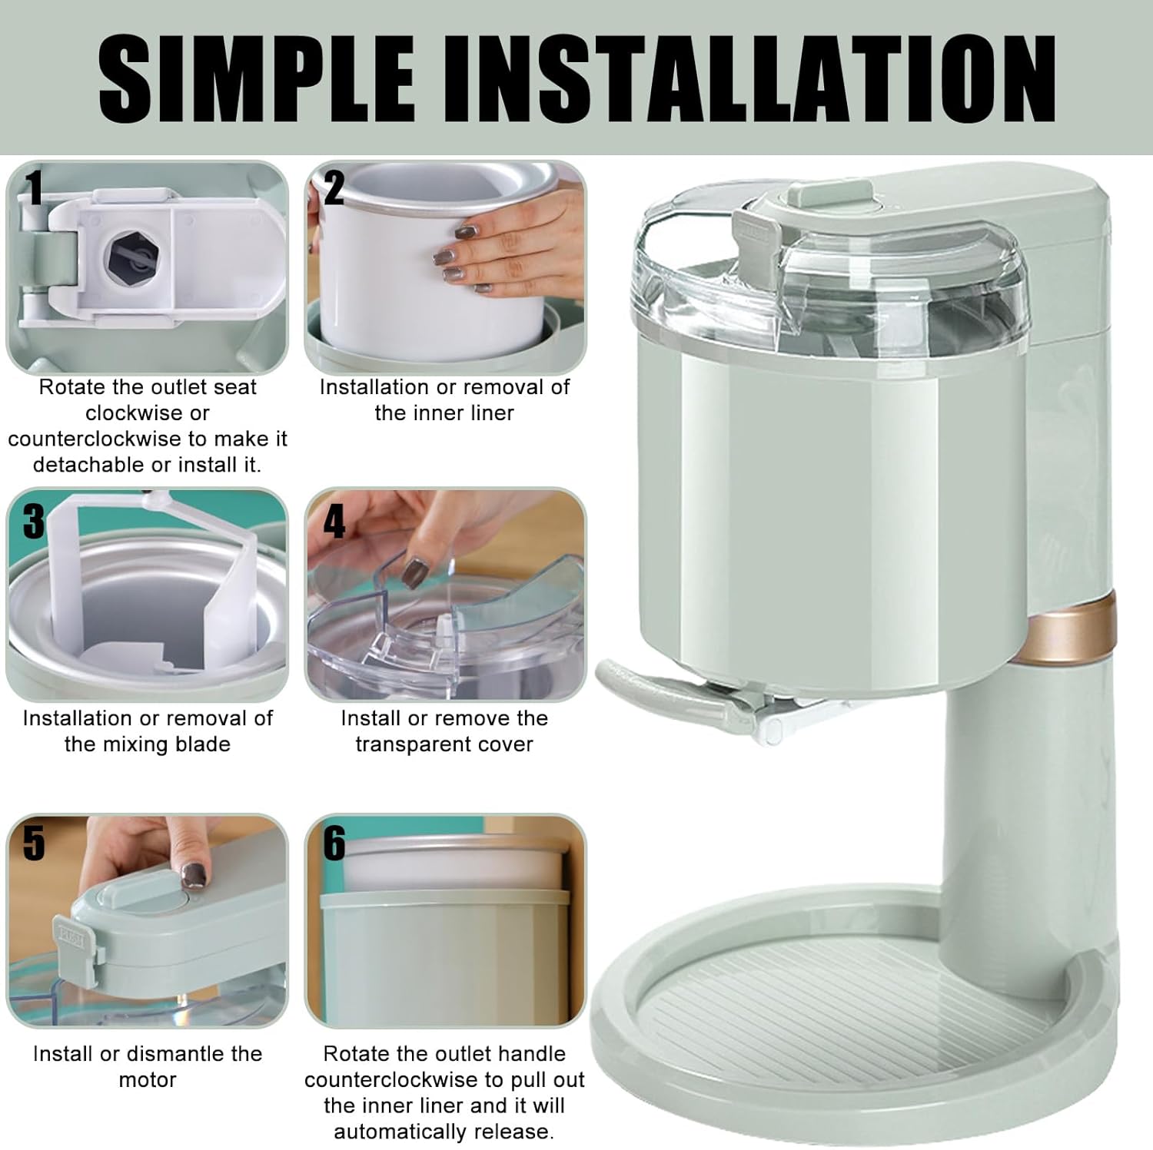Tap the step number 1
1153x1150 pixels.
click(x=33, y=188)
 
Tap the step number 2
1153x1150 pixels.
click(x=334, y=188)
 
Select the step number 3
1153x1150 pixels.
click(x=34, y=521)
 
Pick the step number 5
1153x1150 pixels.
click(x=34, y=843)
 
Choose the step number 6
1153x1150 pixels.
click(x=334, y=843)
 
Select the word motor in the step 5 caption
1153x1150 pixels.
click(x=148, y=1079)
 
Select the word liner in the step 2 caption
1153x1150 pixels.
click(x=492, y=413)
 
